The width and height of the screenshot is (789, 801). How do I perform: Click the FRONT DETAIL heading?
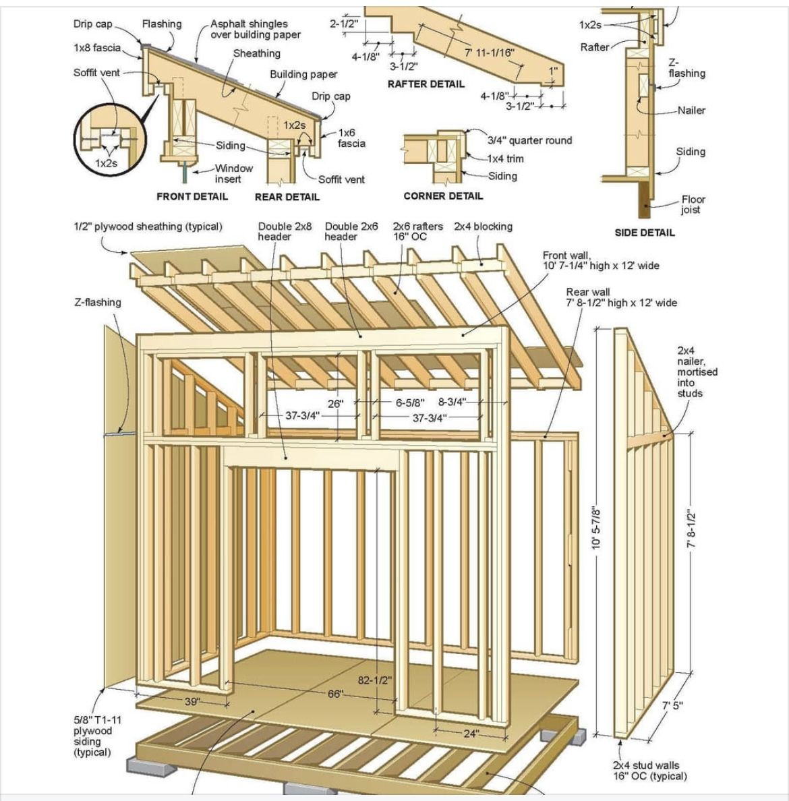[192, 196]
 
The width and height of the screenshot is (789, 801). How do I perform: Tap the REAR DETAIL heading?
[287, 197]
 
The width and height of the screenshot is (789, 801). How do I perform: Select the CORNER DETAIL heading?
[443, 196]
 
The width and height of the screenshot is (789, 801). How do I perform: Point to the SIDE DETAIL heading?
[644, 233]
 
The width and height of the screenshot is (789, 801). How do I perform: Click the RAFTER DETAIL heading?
[426, 84]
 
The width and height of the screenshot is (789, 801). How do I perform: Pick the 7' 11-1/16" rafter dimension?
[490, 53]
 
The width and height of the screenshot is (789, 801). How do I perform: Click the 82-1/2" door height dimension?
[374, 680]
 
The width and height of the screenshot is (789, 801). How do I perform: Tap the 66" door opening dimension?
[335, 694]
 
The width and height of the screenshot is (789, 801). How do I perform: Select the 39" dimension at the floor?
[192, 702]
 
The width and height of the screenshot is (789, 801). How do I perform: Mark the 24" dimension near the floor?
[471, 734]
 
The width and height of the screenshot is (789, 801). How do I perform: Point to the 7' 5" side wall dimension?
[672, 706]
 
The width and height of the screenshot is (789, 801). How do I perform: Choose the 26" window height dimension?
[335, 404]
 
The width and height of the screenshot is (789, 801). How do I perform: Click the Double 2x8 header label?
[285, 231]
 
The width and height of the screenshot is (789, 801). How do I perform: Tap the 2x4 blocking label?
[483, 227]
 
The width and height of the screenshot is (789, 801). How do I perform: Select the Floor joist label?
[693, 204]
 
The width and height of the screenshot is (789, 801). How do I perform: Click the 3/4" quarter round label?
[529, 140]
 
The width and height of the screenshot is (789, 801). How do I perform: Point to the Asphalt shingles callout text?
[255, 29]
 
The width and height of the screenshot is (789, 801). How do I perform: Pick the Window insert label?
[233, 173]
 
